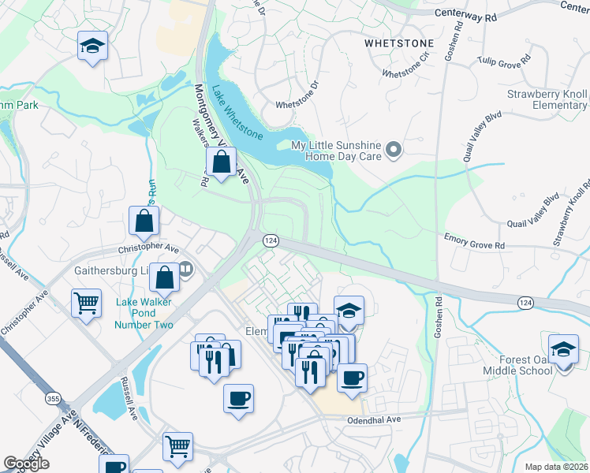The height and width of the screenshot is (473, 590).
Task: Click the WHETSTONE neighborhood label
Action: pos(399,44)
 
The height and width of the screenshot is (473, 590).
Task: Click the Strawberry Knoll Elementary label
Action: pos(547,100)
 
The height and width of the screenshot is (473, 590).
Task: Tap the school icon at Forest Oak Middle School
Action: pos(564,349)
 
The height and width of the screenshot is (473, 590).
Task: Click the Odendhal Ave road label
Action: pos(375,420)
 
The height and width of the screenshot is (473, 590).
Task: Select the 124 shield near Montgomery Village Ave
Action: pos(270,240)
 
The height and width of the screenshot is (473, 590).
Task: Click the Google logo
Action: pos(26,464)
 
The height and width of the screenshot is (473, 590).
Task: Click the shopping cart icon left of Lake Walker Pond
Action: pos(86,303)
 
